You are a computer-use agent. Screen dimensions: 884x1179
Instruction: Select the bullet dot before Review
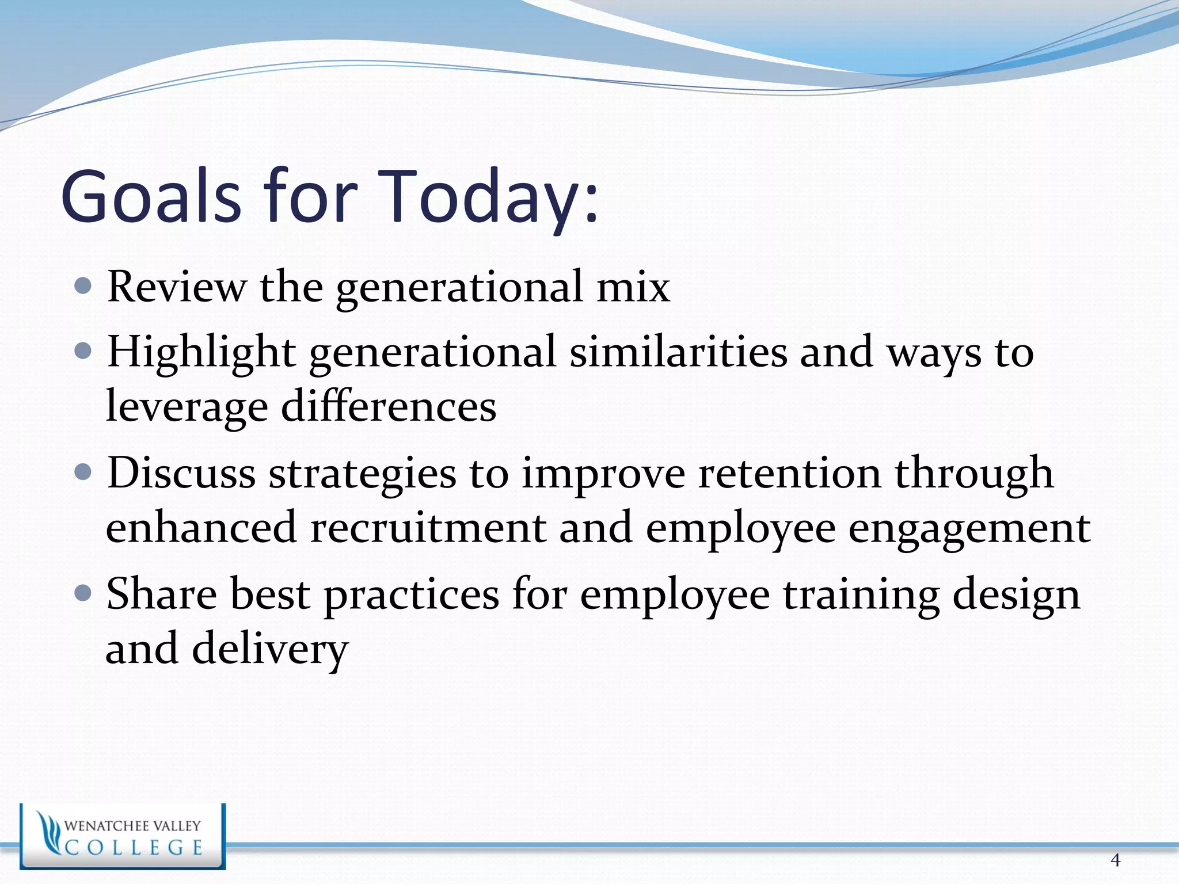83,285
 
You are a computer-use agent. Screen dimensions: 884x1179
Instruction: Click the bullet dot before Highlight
83,350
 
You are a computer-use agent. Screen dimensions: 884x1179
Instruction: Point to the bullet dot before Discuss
83,473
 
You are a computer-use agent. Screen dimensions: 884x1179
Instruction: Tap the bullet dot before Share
83,593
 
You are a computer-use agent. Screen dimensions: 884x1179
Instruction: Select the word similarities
678,352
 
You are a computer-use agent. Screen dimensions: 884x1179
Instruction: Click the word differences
389,406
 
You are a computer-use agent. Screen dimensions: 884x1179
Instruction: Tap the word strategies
362,474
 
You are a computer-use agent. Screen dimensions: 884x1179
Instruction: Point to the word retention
789,474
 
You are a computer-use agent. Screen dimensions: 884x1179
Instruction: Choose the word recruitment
428,528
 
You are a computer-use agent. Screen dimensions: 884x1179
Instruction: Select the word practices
411,595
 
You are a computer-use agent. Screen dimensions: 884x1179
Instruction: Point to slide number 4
1115,860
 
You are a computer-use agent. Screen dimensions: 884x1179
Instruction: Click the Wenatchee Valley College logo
123,836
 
